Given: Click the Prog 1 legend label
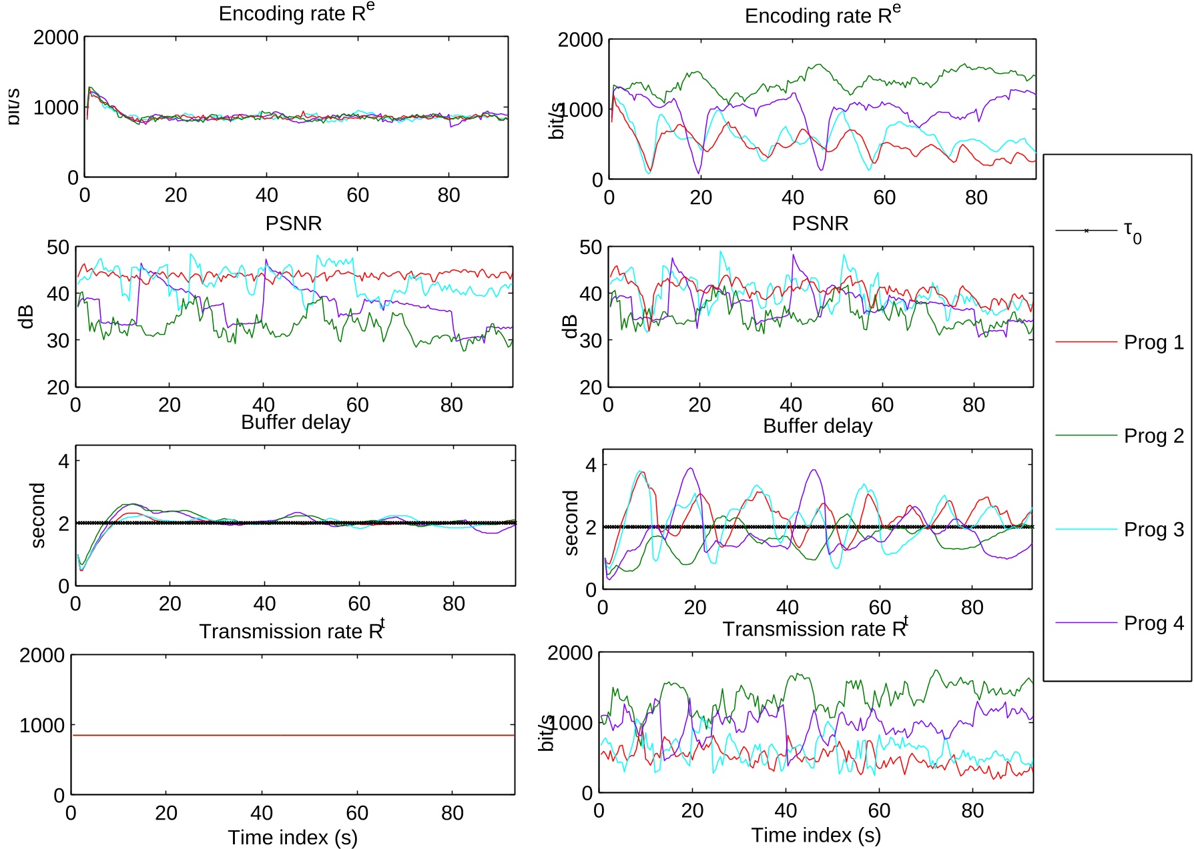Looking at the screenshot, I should coord(1153,342).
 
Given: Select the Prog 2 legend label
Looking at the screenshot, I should coord(1153,436).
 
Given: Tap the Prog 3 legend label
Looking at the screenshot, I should coord(1153,530).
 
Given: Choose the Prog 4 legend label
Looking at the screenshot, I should coord(1153,623).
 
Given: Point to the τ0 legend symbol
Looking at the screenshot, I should coord(1087,231).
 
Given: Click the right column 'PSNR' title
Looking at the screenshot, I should coord(820,223).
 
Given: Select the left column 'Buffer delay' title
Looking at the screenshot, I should coord(296,422).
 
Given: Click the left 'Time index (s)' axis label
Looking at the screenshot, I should coord(292,837).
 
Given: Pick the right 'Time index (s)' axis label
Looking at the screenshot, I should coord(816,835).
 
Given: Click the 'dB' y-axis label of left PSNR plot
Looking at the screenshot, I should coord(27,317).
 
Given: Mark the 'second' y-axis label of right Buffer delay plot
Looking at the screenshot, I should coord(571,523).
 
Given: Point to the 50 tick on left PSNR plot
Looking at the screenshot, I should coord(57,247).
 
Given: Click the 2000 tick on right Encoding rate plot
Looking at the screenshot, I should coord(580,40).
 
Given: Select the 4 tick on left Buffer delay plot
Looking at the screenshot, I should coord(64,461).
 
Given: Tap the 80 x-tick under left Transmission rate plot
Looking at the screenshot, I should coord(452,813).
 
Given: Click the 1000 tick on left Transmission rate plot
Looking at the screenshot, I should coord(41,725).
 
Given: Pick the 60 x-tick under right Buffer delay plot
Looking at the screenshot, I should coord(880,607).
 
